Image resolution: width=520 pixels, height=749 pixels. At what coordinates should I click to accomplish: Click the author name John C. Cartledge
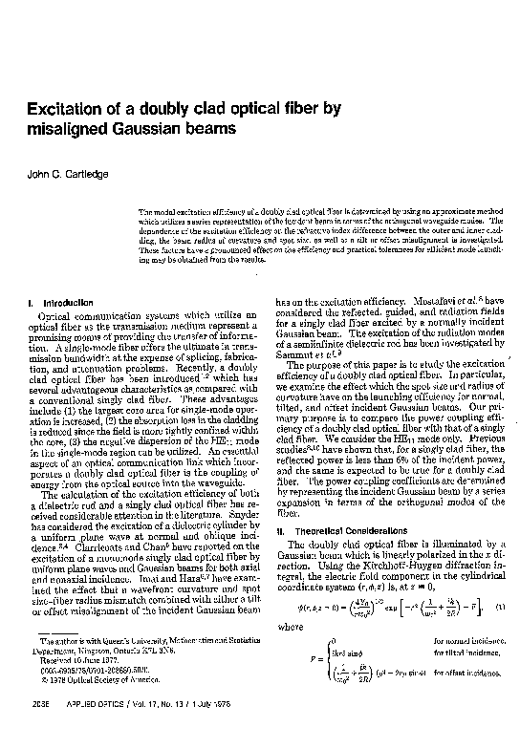[66, 174]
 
